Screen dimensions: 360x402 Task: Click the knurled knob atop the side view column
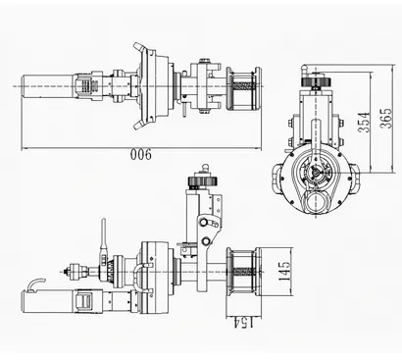196,183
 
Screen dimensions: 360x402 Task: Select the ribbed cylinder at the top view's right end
242,89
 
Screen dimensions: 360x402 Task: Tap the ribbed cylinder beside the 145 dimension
243,272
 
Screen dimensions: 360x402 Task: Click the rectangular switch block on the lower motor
85,302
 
